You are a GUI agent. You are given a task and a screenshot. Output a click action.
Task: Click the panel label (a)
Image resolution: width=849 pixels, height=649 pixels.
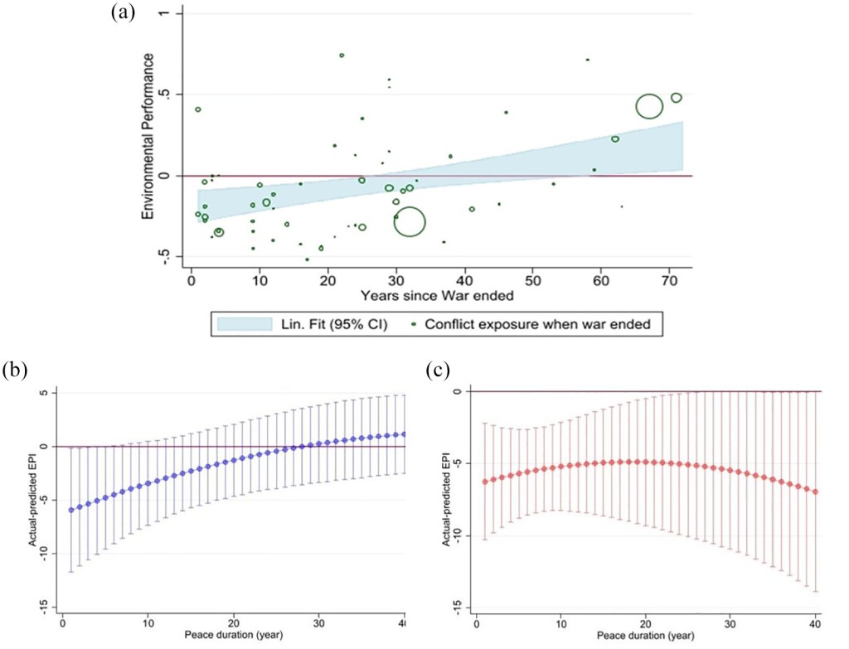click(123, 12)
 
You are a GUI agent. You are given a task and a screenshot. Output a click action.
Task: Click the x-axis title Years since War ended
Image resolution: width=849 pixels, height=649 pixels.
click(437, 296)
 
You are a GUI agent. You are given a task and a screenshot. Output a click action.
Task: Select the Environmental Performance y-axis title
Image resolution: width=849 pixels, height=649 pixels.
click(148, 137)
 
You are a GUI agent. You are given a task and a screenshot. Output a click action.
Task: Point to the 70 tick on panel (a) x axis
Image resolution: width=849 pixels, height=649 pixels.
click(669, 280)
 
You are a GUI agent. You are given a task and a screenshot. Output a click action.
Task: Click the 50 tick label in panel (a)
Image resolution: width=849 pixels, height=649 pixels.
click(533, 280)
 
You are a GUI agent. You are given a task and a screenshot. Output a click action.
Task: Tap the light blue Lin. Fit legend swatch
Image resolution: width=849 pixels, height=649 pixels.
click(245, 324)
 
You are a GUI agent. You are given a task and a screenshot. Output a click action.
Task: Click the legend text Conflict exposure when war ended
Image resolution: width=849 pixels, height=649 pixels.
click(537, 324)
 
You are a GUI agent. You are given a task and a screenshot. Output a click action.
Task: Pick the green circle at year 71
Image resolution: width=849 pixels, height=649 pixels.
click(677, 98)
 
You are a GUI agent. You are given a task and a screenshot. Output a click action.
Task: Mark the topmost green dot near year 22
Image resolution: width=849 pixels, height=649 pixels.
click(342, 56)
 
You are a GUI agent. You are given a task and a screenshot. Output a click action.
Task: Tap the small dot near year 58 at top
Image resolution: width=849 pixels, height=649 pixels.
click(588, 60)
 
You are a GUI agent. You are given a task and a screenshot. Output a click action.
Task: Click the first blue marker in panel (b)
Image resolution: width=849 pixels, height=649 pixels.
click(71, 510)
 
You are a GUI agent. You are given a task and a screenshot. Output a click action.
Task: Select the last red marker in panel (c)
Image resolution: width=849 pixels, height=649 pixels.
click(816, 492)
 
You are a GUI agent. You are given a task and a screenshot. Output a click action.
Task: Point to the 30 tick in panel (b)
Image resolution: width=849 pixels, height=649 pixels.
click(319, 623)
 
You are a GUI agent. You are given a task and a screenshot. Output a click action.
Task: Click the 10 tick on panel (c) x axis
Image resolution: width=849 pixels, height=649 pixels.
click(561, 623)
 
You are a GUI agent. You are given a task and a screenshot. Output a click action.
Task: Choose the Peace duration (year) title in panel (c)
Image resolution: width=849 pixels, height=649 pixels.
click(645, 636)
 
